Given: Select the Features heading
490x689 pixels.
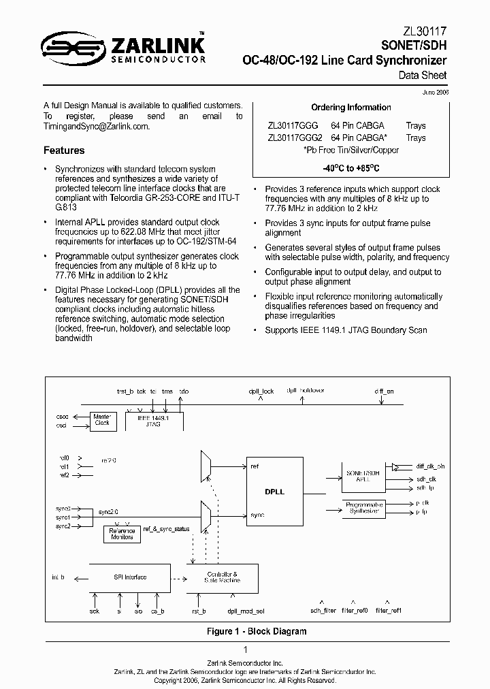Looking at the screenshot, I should click(64, 150).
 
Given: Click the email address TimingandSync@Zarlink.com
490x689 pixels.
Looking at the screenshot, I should click(97, 127).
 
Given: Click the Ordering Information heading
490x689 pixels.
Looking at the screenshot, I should click(350, 108).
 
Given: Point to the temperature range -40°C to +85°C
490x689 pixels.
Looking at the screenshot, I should click(350, 167).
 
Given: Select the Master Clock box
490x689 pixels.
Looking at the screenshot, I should click(102, 419).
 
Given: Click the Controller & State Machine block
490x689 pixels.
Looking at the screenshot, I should click(222, 577).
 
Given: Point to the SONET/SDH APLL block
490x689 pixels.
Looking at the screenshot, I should click(362, 476).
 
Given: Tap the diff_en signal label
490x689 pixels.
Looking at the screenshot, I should click(384, 391).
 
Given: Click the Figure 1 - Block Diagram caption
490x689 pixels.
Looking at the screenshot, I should click(257, 631).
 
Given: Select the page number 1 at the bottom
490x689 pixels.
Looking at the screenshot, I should click(245, 650).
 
